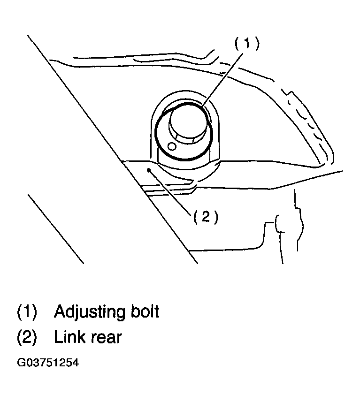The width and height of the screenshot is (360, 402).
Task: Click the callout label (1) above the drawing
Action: tap(247, 43)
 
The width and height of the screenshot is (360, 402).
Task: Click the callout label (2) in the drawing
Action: tap(205, 217)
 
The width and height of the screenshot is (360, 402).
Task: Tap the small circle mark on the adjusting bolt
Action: tap(172, 147)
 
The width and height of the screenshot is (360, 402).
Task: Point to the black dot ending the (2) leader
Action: tap(149, 170)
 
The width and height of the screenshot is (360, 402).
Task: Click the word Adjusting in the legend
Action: tap(89, 312)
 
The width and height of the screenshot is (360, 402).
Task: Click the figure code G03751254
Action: tap(48, 363)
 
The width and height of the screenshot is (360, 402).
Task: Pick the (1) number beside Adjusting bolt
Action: tap(27, 312)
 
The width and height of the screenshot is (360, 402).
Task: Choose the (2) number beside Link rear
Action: tap(27, 337)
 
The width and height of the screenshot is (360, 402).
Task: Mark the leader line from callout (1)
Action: tap(222, 79)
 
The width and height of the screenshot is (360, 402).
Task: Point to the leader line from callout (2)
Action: tap(169, 192)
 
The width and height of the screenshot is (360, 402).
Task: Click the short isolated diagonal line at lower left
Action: tap(56, 229)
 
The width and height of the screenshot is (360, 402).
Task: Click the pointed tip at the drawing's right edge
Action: tap(342, 170)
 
